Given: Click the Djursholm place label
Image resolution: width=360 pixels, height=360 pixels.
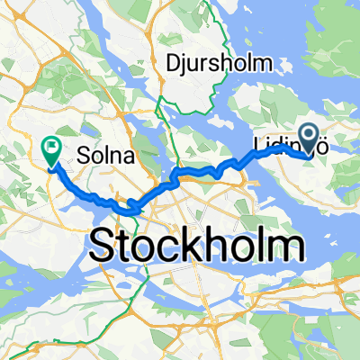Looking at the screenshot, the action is click(x=212, y=62).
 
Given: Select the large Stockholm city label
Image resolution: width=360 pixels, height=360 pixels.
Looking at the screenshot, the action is click(x=193, y=245).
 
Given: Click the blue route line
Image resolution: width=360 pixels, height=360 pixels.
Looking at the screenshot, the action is click(x=180, y=173).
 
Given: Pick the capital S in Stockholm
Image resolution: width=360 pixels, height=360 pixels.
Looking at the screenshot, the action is click(x=105, y=245).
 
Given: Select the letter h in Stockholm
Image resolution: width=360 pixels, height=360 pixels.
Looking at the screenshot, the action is click(x=213, y=245).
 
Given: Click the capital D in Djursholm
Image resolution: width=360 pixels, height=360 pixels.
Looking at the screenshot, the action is click(x=174, y=62).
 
